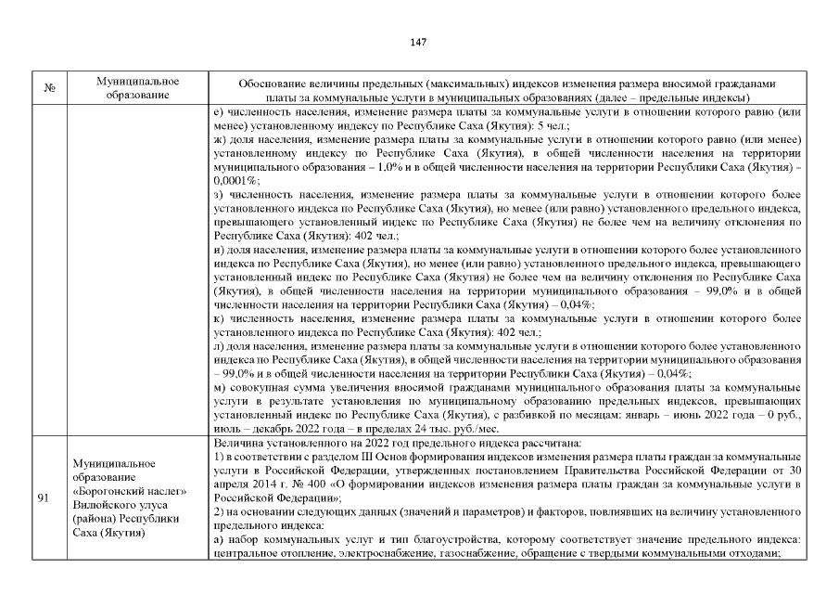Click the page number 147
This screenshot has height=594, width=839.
pyautogui.click(x=418, y=42)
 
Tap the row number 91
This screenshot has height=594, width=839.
pyautogui.click(x=44, y=498)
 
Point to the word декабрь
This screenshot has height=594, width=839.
pyautogui.click(x=265, y=430)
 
